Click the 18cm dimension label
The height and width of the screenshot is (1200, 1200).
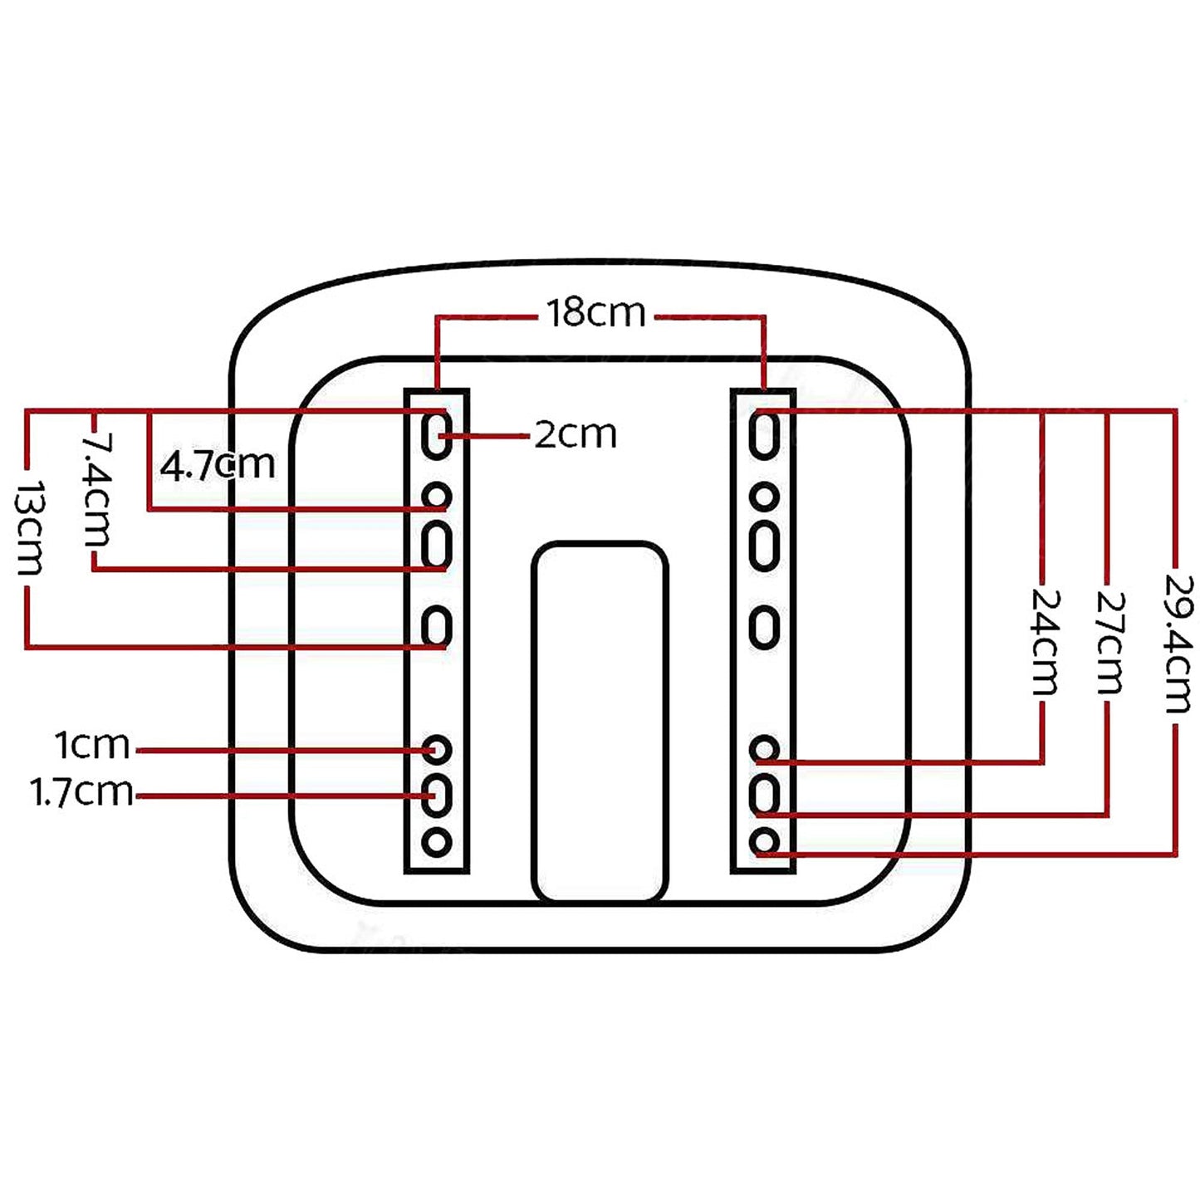coord(596,313)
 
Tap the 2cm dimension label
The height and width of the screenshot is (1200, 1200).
coord(576,434)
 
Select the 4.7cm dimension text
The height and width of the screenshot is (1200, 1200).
coord(218,464)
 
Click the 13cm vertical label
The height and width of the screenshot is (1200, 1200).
coord(29,527)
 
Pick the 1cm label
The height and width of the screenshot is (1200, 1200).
coord(92,746)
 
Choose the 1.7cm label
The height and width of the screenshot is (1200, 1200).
coord(82,791)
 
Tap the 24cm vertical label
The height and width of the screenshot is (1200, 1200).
coord(1046,642)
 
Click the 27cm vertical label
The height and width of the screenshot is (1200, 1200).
coord(1109,642)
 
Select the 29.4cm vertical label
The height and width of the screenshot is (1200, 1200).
coord(1177,644)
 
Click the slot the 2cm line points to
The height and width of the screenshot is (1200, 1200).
coord(437,434)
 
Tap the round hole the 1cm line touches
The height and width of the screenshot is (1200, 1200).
coord(437,749)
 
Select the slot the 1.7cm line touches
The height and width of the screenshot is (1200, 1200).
coord(437,794)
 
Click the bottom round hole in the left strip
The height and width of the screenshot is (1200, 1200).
coord(437,843)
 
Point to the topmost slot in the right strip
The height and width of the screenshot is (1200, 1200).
coord(764,434)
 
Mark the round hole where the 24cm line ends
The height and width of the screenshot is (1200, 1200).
coord(764,749)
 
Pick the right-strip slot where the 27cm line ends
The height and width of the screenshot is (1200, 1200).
coord(764,794)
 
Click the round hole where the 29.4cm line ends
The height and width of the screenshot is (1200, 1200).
coord(764,843)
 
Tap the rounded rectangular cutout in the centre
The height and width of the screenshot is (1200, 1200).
coord(600,722)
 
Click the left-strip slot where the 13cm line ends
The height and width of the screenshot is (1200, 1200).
coord(437,627)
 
